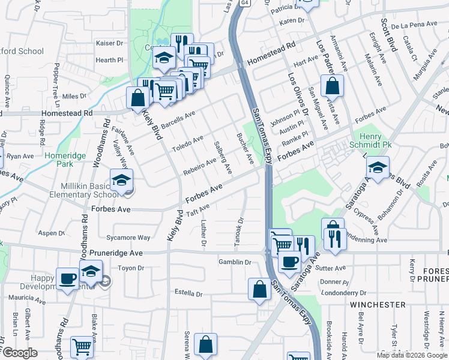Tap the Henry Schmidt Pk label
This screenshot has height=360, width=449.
(x=367, y=140)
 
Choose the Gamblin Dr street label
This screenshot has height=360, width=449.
(x=235, y=262)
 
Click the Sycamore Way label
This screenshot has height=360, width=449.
(x=128, y=238)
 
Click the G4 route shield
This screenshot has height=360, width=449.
(x=244, y=3)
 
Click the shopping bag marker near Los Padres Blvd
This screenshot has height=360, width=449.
(x=332, y=86)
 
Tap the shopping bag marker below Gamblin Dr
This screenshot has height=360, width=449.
(x=259, y=289)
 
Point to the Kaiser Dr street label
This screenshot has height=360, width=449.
(x=110, y=43)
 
